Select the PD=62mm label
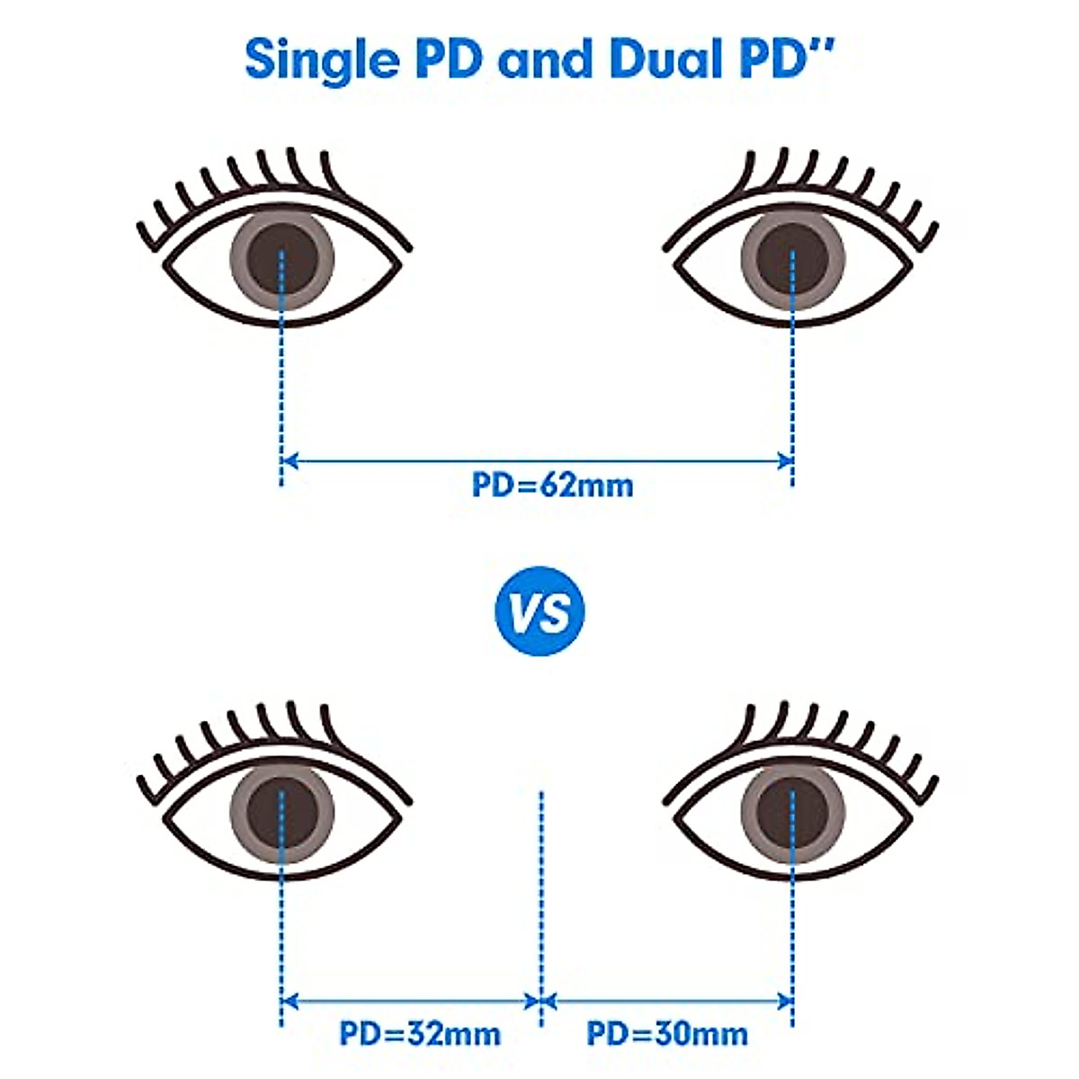pos(552,486)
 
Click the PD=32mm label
pos(420,1033)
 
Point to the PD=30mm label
pos(667,1033)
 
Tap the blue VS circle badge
pos(539,611)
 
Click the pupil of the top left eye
pos(281,262)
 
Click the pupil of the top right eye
pos(792,260)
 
